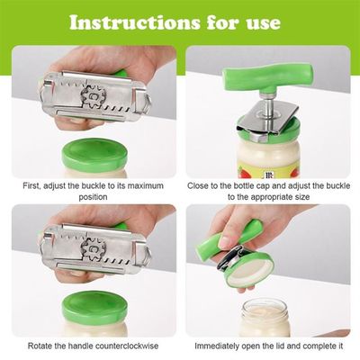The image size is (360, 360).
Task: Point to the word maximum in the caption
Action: [148, 186]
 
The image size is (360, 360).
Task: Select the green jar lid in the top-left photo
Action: [94, 153]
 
